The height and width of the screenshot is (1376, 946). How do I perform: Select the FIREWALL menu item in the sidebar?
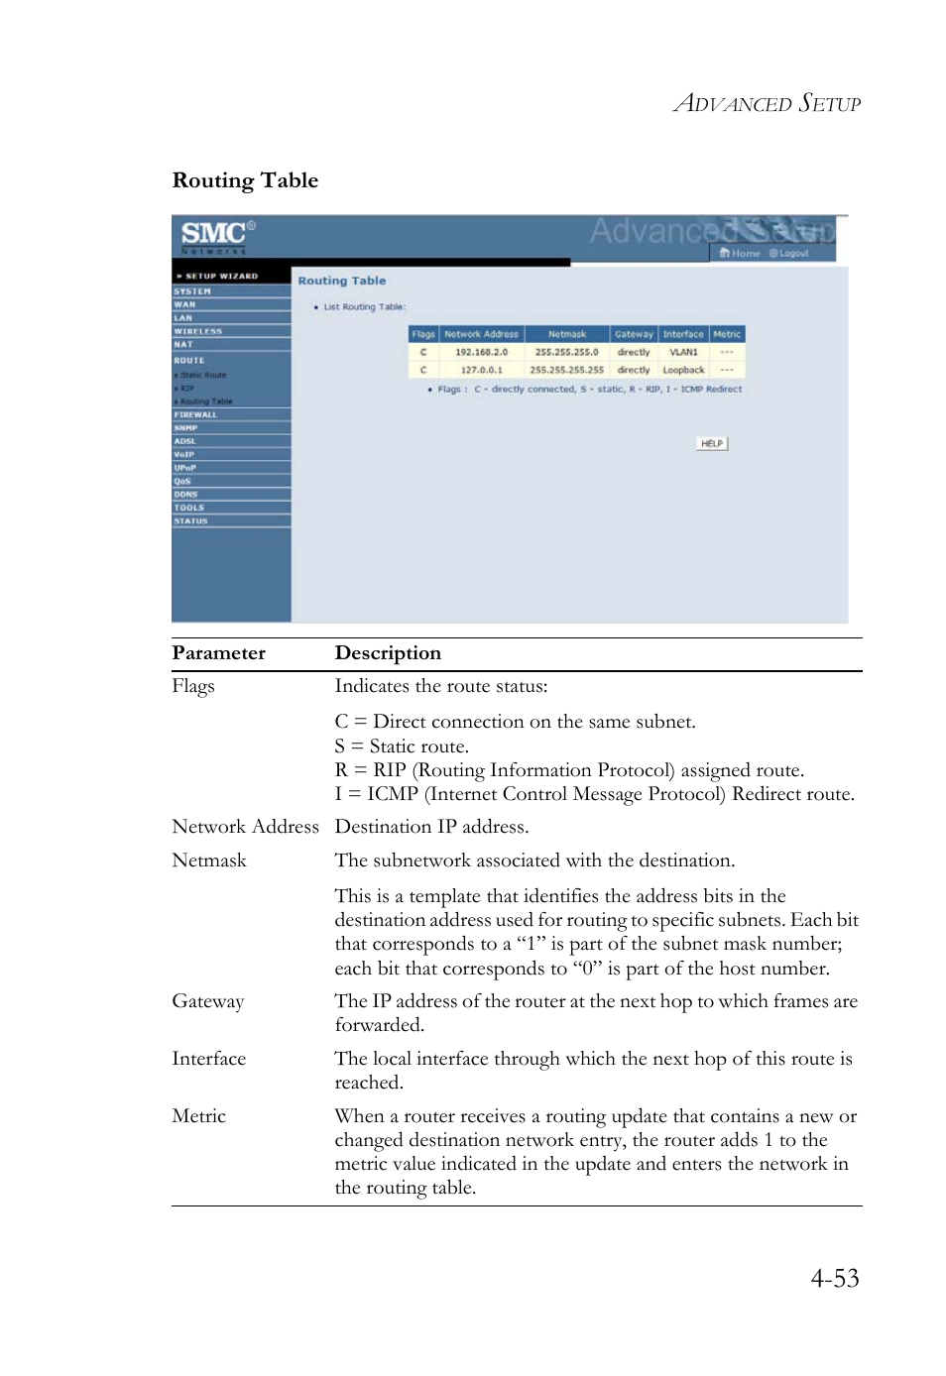[195, 414]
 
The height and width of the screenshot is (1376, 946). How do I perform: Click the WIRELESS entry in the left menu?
[198, 331]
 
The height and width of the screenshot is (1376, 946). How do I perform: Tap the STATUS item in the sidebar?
[191, 520]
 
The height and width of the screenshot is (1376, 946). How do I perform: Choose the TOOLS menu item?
[189, 508]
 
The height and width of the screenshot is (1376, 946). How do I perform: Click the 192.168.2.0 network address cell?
[481, 352]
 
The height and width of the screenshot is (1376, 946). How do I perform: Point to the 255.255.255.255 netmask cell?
[566, 370]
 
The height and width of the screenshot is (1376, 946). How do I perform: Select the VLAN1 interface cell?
[683, 352]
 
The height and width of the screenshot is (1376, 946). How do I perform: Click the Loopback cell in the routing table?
[683, 370]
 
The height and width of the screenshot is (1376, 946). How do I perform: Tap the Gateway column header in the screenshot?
[634, 334]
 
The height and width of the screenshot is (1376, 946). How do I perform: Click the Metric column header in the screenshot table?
[727, 334]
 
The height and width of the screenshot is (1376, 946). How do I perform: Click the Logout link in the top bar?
[790, 254]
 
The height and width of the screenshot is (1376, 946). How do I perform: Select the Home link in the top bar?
[741, 254]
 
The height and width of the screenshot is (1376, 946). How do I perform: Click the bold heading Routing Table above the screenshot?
[245, 180]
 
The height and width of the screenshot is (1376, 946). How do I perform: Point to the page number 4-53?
[834, 1278]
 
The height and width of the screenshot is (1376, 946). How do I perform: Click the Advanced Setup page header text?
[767, 103]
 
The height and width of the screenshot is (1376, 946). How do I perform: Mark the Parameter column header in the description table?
[218, 653]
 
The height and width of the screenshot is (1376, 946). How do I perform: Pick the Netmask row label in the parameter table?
[209, 860]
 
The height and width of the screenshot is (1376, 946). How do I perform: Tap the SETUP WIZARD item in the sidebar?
[220, 277]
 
